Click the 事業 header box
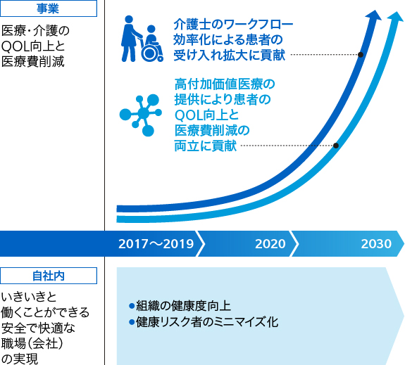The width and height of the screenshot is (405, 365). (49, 8)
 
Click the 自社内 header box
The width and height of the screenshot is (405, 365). (49, 276)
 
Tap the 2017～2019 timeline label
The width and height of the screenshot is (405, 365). (156, 244)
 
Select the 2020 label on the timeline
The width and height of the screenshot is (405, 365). (270, 244)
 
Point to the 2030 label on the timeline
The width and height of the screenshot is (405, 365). (376, 244)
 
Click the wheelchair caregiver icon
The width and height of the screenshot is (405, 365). (142, 39)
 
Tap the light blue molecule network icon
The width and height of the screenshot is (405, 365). (141, 115)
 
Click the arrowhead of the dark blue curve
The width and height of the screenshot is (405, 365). (374, 15)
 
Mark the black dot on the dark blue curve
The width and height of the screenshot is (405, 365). (361, 55)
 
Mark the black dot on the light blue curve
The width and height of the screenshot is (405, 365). (336, 146)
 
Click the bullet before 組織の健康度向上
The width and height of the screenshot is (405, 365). (132, 306)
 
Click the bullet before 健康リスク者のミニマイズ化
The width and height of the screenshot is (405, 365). (132, 322)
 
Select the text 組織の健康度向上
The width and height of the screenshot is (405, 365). (183, 306)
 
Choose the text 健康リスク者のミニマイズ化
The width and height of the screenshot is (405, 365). (207, 322)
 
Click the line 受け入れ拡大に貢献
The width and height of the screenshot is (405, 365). (230, 55)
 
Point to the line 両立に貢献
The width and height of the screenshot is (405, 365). (206, 146)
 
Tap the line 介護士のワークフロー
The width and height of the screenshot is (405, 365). (233, 25)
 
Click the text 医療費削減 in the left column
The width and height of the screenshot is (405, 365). (33, 62)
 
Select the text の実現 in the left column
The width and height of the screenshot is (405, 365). (20, 359)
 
